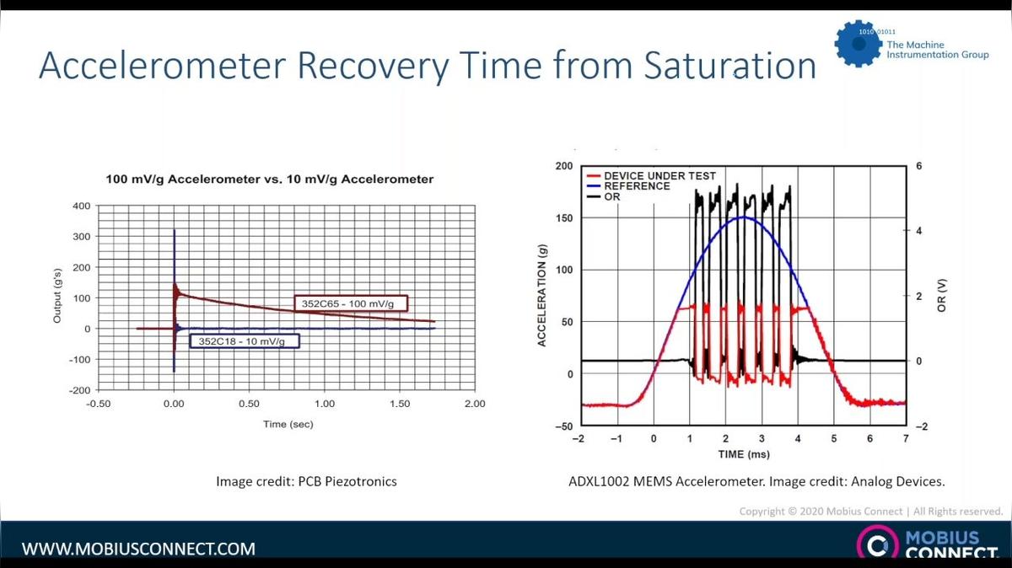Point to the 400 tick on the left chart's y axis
point(81,206)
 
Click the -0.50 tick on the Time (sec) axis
point(99,404)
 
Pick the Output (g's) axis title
point(57,297)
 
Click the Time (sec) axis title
point(288,424)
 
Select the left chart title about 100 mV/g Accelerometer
point(269,179)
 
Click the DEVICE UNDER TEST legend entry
point(659,176)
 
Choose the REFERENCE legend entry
point(636,186)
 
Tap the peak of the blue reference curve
point(744,217)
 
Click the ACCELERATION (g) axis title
point(541,297)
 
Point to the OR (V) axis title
point(943,297)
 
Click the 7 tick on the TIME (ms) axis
point(906,439)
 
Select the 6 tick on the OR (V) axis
point(918,166)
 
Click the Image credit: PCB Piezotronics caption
point(307,482)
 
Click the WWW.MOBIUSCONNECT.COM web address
point(138,549)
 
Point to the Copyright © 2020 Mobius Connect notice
point(870,512)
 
